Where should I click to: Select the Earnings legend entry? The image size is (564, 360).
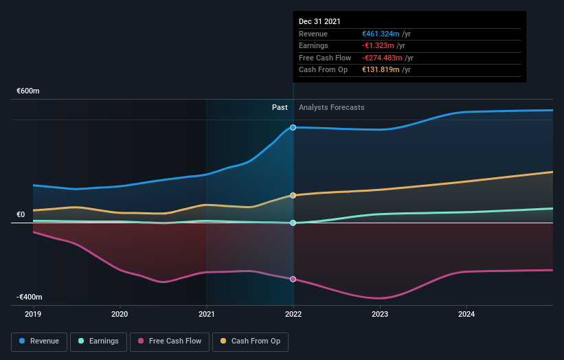pyautogui.click(x=98, y=341)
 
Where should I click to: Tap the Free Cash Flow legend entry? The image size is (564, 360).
pyautogui.click(x=170, y=341)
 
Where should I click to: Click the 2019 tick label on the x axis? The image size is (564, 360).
pyautogui.click(x=33, y=315)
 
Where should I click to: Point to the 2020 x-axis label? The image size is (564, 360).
pyautogui.click(x=120, y=315)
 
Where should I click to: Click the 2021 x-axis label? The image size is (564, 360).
pyautogui.click(x=206, y=315)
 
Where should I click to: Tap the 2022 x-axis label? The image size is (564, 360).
pyautogui.click(x=293, y=315)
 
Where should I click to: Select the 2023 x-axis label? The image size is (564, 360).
pyautogui.click(x=380, y=315)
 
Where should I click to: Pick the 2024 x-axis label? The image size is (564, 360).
pyautogui.click(x=466, y=315)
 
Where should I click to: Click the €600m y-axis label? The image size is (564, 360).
pyautogui.click(x=28, y=91)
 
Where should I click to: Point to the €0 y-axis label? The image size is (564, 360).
pyautogui.click(x=21, y=214)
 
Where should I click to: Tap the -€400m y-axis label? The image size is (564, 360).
pyautogui.click(x=30, y=297)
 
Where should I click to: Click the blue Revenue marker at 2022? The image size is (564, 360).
pyautogui.click(x=293, y=128)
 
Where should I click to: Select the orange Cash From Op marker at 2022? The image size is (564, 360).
pyautogui.click(x=293, y=196)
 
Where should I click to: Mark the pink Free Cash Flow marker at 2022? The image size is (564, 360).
pyautogui.click(x=293, y=279)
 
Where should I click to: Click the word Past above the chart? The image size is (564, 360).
pyautogui.click(x=280, y=107)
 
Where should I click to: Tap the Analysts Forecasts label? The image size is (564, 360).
pyautogui.click(x=331, y=107)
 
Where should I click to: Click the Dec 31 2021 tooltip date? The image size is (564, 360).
pyautogui.click(x=319, y=22)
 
